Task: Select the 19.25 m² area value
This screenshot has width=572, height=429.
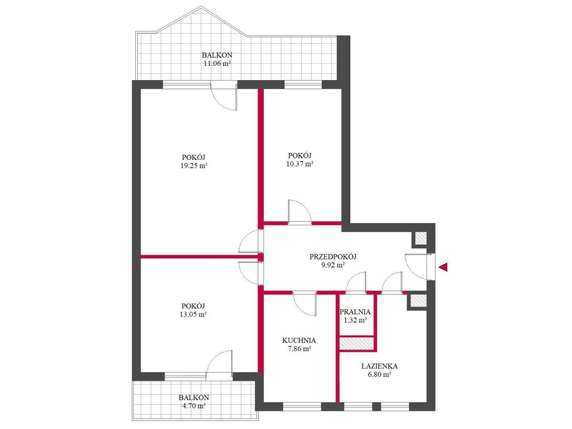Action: coord(194,166)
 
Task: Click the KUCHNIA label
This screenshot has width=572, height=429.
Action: coord(299,340)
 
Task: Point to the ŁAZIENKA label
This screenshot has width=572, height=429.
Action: coord(379,366)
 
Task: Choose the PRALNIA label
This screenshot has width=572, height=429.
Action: coord(355,312)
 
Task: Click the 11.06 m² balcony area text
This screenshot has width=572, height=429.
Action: coord(217,63)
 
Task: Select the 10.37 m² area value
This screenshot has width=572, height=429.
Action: coord(300,164)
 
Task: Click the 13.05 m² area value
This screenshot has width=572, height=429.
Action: coord(193,315)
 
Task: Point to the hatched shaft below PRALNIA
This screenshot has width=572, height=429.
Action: coord(357,343)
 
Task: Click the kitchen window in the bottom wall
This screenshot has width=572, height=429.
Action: coord(302,407)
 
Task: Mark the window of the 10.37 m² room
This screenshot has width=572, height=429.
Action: coord(303,85)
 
